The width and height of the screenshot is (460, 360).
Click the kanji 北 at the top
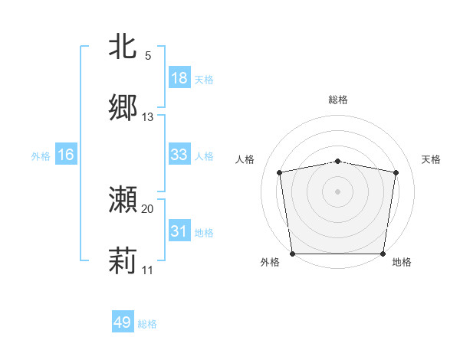pyautogui.click(x=123, y=47)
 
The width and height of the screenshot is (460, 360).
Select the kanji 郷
pyautogui.click(x=123, y=108)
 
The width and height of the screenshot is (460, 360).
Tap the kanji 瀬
pyautogui.click(x=123, y=200)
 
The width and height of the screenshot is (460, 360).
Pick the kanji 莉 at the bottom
pyautogui.click(x=123, y=261)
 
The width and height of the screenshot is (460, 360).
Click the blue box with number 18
pyautogui.click(x=179, y=78)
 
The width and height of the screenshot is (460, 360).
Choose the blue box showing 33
pyautogui.click(x=179, y=155)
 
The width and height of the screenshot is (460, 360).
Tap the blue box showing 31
pyautogui.click(x=179, y=231)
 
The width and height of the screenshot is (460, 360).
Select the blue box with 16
pyautogui.click(x=66, y=155)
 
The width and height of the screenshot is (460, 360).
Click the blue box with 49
pyautogui.click(x=123, y=323)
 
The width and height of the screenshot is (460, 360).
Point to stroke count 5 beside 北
pyautogui.click(x=148, y=56)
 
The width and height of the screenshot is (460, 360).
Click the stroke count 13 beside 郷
pyautogui.click(x=148, y=117)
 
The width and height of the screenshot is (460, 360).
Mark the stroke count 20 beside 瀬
pyautogui.click(x=148, y=208)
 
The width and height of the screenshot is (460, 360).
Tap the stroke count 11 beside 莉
pyautogui.click(x=148, y=270)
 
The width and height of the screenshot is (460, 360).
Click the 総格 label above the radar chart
pyautogui.click(x=338, y=100)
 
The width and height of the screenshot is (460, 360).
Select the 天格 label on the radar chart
pyautogui.click(x=432, y=159)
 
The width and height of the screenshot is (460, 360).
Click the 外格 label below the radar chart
pyautogui.click(x=270, y=263)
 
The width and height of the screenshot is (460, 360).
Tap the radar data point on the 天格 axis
pyautogui.click(x=396, y=172)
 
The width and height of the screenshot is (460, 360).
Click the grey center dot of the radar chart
pyautogui.click(x=338, y=191)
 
